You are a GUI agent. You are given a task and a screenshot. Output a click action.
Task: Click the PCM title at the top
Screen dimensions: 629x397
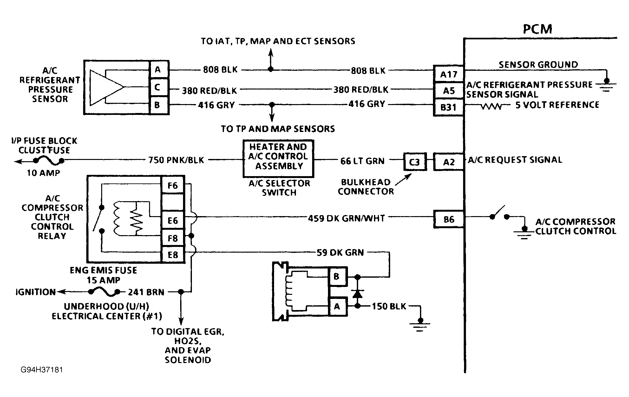pyautogui.click(x=537, y=29)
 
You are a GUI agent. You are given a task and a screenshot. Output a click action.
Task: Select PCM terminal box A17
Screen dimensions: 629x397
pyautogui.click(x=449, y=74)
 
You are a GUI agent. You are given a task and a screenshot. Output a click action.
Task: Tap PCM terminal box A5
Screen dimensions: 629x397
pyautogui.click(x=449, y=91)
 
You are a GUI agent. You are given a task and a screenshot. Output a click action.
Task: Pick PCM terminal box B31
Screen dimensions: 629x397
pyautogui.click(x=449, y=107)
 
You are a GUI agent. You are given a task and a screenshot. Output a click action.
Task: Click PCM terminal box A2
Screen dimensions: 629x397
pyautogui.click(x=449, y=162)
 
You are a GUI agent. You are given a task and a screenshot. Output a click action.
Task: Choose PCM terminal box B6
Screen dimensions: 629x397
pyautogui.click(x=449, y=219)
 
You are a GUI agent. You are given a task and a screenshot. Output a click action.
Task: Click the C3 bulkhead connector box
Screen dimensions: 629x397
pyautogui.click(x=415, y=162)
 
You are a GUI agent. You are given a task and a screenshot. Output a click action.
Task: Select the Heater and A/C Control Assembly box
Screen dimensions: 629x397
pyautogui.click(x=278, y=159)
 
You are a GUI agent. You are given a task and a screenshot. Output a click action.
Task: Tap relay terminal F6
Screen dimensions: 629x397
pyautogui.click(x=173, y=185)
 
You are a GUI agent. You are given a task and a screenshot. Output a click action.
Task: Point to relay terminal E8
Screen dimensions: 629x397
pyautogui.click(x=173, y=255)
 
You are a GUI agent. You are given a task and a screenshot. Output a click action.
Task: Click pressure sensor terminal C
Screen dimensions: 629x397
pyautogui.click(x=157, y=87)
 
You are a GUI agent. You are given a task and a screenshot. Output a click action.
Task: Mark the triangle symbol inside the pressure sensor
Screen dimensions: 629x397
pyautogui.click(x=107, y=87)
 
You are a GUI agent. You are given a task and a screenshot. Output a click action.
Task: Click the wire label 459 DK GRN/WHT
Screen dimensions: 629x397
pyautogui.click(x=346, y=218)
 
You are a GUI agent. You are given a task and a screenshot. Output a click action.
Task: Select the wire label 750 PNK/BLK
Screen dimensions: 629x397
pyautogui.click(x=176, y=160)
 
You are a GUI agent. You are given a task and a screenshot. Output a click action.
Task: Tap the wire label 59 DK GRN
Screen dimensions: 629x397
pyautogui.click(x=340, y=252)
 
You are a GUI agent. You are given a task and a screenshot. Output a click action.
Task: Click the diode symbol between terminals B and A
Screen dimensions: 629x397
pyautogui.click(x=357, y=294)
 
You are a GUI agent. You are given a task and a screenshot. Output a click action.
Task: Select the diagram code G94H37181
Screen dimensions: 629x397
pyautogui.click(x=42, y=370)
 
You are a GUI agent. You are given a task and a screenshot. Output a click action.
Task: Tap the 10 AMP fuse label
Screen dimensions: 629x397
pyautogui.click(x=43, y=173)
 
